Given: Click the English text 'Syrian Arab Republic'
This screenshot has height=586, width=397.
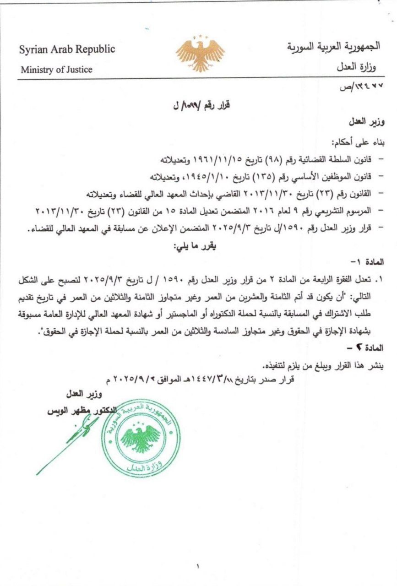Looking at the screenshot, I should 67,49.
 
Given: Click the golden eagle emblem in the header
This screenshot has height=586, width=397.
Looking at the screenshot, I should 201,54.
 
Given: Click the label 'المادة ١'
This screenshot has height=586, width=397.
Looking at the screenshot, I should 372,263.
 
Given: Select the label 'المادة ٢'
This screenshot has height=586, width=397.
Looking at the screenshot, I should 372,348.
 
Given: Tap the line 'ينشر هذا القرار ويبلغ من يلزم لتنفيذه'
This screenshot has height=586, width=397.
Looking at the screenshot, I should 326,366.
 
